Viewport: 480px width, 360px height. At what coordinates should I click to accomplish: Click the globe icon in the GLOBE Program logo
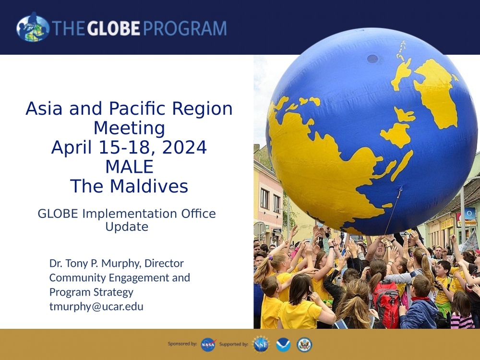[x=33, y=27]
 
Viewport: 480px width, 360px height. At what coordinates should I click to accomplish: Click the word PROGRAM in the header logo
[x=185, y=28]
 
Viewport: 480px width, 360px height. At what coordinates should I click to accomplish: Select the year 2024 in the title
[x=184, y=147]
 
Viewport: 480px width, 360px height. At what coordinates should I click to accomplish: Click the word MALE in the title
[x=130, y=167]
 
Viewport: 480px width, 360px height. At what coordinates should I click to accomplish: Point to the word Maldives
[x=149, y=186]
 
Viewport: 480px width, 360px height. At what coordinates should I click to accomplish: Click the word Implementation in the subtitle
[x=130, y=214]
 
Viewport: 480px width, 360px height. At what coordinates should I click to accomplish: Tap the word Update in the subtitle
[x=127, y=227]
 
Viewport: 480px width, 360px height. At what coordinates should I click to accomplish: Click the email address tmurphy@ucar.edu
[x=96, y=306]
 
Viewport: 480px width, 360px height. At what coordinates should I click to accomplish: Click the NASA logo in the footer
[x=208, y=344]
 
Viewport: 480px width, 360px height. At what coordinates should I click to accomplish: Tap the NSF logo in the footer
[x=261, y=344]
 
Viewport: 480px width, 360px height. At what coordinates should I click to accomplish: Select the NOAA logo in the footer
[x=283, y=344]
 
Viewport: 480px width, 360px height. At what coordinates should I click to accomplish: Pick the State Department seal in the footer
[x=304, y=344]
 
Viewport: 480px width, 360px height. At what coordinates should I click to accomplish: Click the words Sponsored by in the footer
[x=182, y=344]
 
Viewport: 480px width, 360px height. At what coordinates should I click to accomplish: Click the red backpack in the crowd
[x=386, y=303]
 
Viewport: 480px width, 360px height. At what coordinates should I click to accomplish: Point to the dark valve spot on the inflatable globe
[x=372, y=59]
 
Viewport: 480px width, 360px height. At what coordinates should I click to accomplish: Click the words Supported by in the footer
[x=234, y=344]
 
